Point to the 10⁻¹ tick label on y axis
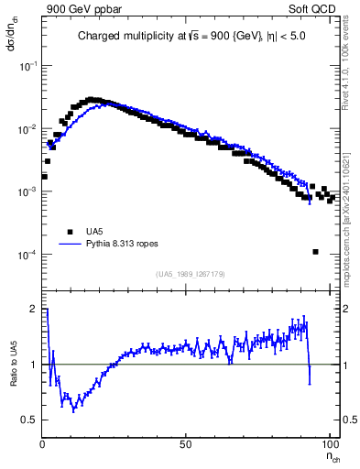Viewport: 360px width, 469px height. [28, 67]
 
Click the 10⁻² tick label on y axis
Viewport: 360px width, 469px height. [28, 129]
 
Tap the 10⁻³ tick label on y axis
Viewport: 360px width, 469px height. [28, 192]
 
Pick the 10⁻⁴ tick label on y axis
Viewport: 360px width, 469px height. [28, 255]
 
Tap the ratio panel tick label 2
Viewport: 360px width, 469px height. [34, 310]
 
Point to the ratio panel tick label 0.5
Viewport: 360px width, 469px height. [30, 420]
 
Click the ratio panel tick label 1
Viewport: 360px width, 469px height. [34, 365]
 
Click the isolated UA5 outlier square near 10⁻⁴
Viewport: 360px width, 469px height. [315, 252]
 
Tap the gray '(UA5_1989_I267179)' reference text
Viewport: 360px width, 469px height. [190, 274]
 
